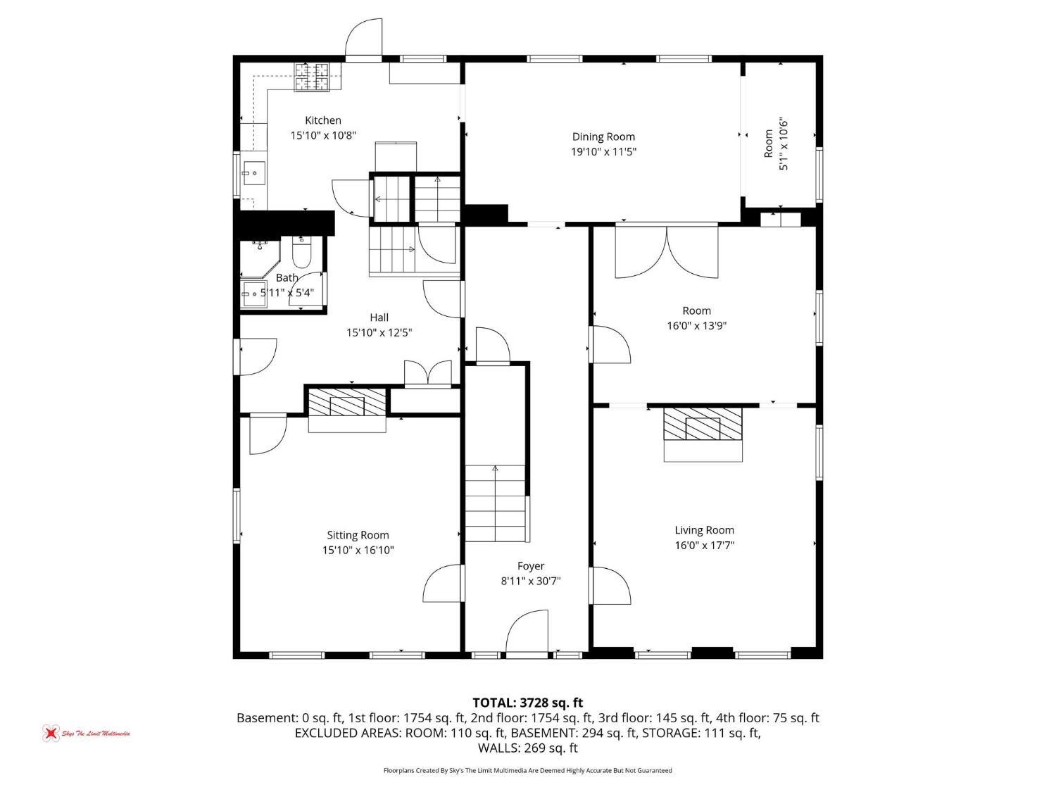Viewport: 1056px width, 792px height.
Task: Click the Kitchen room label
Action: point(323,120)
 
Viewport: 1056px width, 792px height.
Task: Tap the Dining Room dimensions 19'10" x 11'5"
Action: point(603,152)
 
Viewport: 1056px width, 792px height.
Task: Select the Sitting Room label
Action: point(358,535)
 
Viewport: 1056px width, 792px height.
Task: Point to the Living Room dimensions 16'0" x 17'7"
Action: point(704,546)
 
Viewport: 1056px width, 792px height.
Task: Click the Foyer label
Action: point(531,566)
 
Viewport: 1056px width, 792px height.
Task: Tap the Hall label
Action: point(379,318)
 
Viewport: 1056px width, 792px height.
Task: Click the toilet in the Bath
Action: point(301,252)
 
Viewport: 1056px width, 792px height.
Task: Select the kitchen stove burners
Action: point(312,77)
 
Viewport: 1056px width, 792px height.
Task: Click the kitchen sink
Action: point(253,173)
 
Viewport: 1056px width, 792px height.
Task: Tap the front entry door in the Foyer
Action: point(527,632)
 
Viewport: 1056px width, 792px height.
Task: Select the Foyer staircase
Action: point(495,503)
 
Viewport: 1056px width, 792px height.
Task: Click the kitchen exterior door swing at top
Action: point(364,38)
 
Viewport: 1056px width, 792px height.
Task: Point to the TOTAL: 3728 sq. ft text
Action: point(528,703)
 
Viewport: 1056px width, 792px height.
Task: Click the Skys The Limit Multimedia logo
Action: point(86,734)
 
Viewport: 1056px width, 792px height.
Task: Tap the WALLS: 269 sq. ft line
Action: point(528,748)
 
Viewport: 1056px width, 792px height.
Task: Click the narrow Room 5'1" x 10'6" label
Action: point(776,144)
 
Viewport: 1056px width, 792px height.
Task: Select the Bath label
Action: point(287,278)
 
